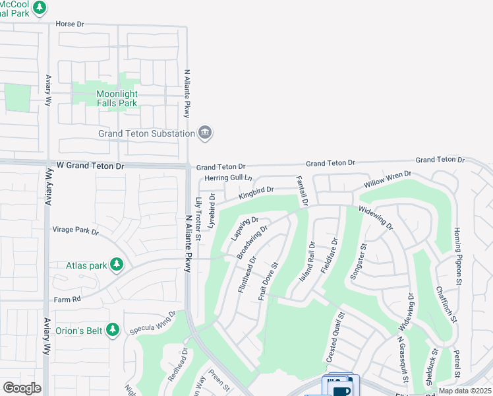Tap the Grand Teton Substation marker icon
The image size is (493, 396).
[x=206, y=133]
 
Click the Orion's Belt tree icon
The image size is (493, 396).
[x=113, y=329]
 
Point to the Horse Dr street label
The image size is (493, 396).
[x=71, y=24]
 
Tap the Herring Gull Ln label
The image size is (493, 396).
[x=228, y=178]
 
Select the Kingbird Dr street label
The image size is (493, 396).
[x=256, y=193]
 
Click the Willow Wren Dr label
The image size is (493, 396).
[x=389, y=180]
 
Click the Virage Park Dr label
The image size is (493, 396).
[x=75, y=232]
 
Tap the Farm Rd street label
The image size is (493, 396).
[x=67, y=299]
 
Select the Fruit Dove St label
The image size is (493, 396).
[x=269, y=282]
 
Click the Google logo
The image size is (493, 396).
[x=22, y=388]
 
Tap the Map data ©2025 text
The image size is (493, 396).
[x=465, y=391]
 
